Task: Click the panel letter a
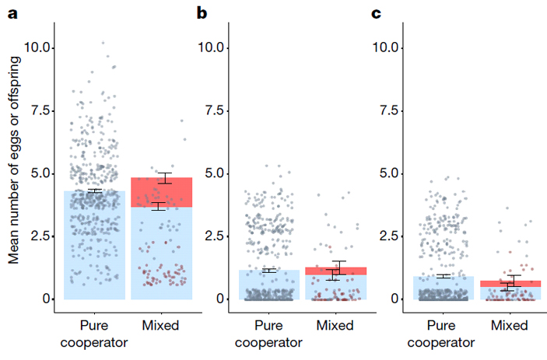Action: click(12, 12)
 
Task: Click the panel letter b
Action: click(202, 12)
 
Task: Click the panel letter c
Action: click(377, 12)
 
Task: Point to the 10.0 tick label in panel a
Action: click(37, 47)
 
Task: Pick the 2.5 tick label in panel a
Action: click(40, 236)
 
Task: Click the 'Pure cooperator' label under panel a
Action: click(93, 333)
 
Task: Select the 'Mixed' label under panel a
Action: click(161, 325)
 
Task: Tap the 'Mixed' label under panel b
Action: click(335, 325)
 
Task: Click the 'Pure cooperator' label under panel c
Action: click(442, 333)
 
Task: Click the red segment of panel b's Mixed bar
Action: click(335, 270)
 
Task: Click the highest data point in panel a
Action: click(103, 43)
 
